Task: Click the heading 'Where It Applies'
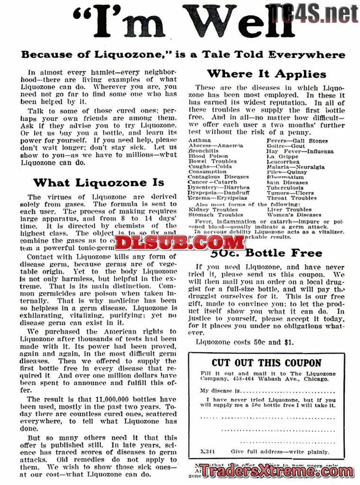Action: (x=267, y=74)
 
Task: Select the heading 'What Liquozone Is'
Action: (x=99, y=182)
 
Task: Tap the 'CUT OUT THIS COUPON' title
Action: (x=266, y=363)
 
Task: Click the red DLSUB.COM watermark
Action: (x=180, y=242)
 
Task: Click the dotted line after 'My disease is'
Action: (x=289, y=391)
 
